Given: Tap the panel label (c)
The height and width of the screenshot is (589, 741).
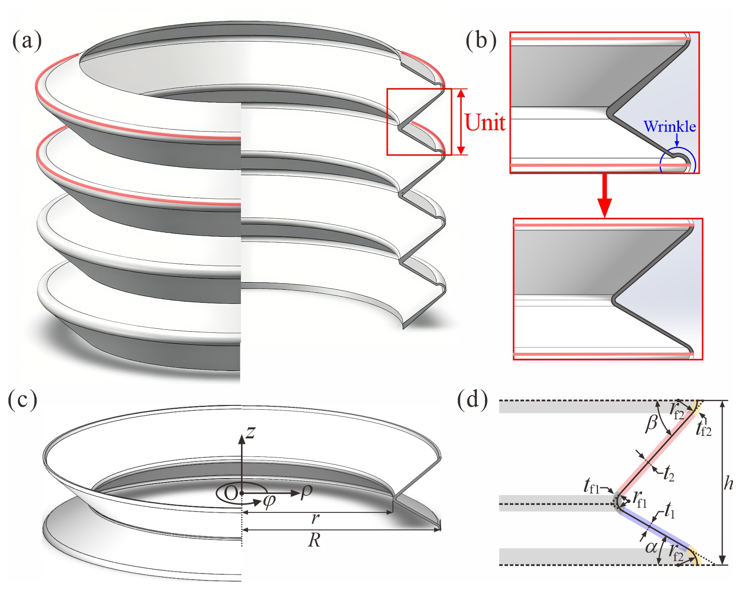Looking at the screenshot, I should click(x=23, y=400).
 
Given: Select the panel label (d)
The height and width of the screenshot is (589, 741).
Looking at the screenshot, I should click(x=472, y=400).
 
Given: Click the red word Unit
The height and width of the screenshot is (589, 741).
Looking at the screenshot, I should click(x=484, y=122).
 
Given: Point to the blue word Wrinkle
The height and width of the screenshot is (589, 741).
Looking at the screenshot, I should click(x=669, y=126).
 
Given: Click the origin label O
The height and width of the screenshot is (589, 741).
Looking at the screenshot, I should click(x=230, y=493).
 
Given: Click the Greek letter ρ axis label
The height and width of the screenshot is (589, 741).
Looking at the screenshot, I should click(x=306, y=492).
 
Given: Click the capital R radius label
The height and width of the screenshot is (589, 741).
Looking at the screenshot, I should click(x=314, y=540).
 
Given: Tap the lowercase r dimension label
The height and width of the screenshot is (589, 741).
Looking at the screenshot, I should click(x=314, y=519).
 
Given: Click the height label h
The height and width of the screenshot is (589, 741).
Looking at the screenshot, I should click(x=728, y=483).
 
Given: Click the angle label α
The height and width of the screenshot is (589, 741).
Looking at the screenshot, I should click(x=650, y=547).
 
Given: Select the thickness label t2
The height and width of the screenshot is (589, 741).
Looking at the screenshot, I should click(x=669, y=473).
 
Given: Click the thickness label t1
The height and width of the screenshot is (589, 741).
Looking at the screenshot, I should click(x=669, y=512).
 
